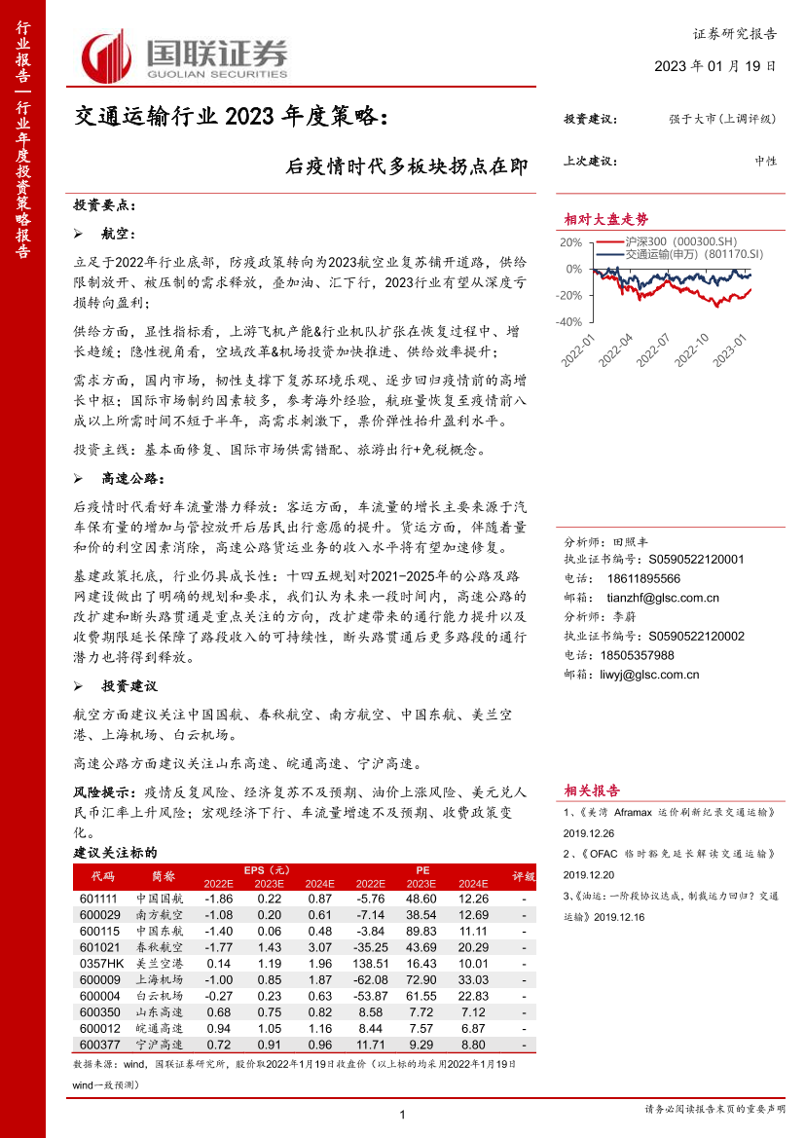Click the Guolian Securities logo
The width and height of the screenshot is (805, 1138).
[185, 56]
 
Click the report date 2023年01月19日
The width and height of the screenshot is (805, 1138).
[715, 67]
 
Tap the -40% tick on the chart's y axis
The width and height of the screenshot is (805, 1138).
[571, 321]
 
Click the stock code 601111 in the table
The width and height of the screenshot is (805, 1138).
[99, 899]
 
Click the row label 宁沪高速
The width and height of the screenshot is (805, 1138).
[159, 1045]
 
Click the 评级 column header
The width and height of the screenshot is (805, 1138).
[524, 876]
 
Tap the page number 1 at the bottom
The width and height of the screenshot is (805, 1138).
[402, 1115]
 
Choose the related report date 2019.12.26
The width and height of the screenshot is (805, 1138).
[589, 833]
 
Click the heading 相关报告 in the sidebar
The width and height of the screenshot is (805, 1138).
[592, 789]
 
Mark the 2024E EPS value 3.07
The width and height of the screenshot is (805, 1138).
[320, 946]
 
